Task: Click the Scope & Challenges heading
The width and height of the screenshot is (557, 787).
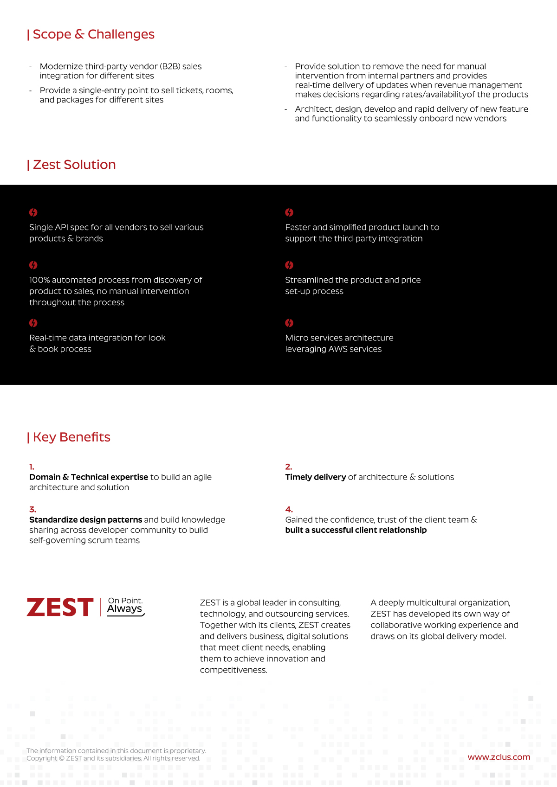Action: (x=91, y=34)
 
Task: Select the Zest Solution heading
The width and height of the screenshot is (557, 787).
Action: (x=72, y=165)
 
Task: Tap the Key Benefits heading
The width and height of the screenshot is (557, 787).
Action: (x=69, y=437)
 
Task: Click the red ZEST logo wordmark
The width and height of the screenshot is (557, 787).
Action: (x=60, y=608)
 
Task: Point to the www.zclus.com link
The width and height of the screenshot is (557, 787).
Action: (x=499, y=757)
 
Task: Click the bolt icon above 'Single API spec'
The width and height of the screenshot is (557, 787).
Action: (x=33, y=212)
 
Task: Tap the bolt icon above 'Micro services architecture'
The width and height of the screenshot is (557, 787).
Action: (x=289, y=323)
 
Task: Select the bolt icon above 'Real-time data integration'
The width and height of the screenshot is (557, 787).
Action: (x=33, y=323)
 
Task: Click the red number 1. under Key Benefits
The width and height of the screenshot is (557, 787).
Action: (x=32, y=467)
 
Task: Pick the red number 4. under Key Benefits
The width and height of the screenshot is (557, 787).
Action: (x=289, y=509)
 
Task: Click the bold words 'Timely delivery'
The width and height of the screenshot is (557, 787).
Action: (x=316, y=477)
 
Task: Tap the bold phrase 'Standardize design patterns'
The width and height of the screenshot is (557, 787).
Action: (x=85, y=519)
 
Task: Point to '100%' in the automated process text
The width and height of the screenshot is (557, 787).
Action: (x=39, y=280)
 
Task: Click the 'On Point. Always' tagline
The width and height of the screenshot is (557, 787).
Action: (x=125, y=606)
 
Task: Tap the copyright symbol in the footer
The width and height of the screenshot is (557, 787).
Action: (x=61, y=758)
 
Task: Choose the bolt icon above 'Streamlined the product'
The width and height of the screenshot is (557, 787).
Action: (x=289, y=265)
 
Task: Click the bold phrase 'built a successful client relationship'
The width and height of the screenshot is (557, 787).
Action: (x=356, y=530)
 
